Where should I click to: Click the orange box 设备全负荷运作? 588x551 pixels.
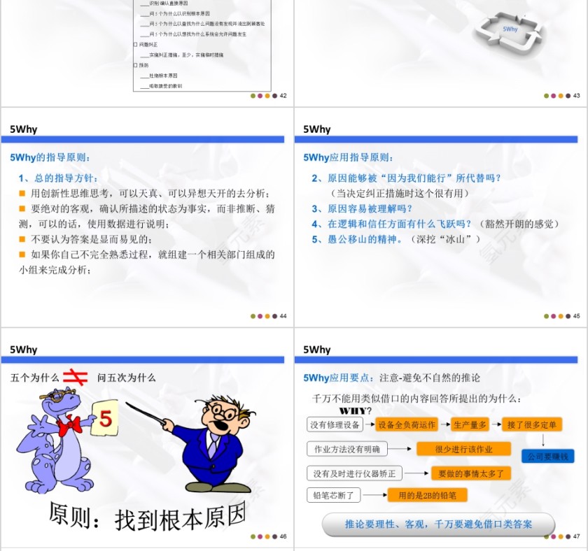pos(407,424)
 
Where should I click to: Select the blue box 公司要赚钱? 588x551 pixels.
pos(547,456)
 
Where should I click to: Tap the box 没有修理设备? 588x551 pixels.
pos(335,424)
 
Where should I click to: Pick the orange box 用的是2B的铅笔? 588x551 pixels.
pos(427,495)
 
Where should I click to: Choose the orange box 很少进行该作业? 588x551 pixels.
pos(463,449)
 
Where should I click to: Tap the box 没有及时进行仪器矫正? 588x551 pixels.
pos(354,473)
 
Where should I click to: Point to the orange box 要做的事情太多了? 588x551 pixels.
pos(470,473)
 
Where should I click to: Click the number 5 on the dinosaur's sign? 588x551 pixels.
pos(106,418)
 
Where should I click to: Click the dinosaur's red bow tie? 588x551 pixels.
pos(69,424)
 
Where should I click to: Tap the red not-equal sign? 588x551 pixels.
pos(75,377)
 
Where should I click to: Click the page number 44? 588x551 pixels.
pos(283,316)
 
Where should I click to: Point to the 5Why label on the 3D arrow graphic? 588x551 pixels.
pos(510,29)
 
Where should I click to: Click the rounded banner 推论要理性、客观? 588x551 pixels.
pos(438,524)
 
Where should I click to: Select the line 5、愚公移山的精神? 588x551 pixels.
pos(396,239)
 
